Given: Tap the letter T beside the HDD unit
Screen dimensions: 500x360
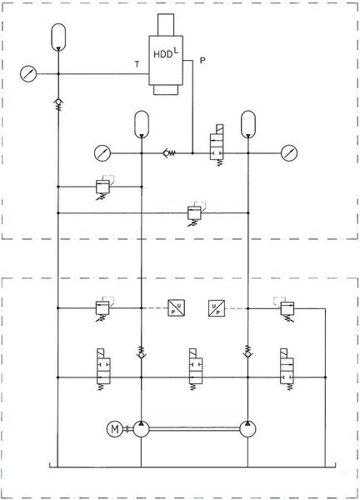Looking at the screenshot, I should pyautogui.click(x=136, y=64).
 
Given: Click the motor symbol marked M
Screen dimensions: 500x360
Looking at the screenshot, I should pyautogui.click(x=114, y=429).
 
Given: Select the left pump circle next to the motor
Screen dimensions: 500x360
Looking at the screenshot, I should pyautogui.click(x=141, y=429).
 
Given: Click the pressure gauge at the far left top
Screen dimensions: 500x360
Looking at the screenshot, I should pyautogui.click(x=30, y=74).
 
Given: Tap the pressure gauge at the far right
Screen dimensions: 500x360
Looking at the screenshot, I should pyautogui.click(x=289, y=152).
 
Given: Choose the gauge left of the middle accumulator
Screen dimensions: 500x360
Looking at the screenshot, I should pyautogui.click(x=102, y=152).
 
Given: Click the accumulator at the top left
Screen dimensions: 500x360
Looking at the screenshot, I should pyautogui.click(x=58, y=37).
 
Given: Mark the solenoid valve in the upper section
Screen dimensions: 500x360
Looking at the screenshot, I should pyautogui.click(x=220, y=149).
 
